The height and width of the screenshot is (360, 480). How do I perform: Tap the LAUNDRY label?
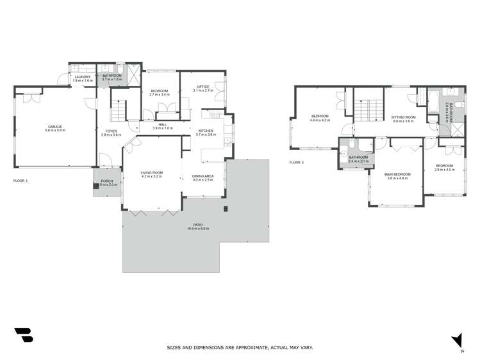click(x=82, y=77)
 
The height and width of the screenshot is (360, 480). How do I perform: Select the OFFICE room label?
click(x=203, y=87)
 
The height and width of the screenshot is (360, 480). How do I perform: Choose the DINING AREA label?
click(x=203, y=176)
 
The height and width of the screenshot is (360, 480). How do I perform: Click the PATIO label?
click(x=203, y=225)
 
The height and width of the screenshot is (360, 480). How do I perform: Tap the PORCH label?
click(x=107, y=181)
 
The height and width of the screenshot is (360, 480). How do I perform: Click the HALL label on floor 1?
click(x=163, y=125)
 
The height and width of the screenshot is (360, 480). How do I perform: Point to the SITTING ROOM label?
click(x=403, y=117)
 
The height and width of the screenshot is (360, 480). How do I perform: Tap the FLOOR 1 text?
click(x=21, y=181)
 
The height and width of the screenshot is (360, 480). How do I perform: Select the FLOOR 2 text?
click(x=296, y=163)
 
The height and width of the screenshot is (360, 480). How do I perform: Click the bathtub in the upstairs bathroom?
click(x=436, y=101)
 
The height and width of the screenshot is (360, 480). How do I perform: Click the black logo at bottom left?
click(x=23, y=336)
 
